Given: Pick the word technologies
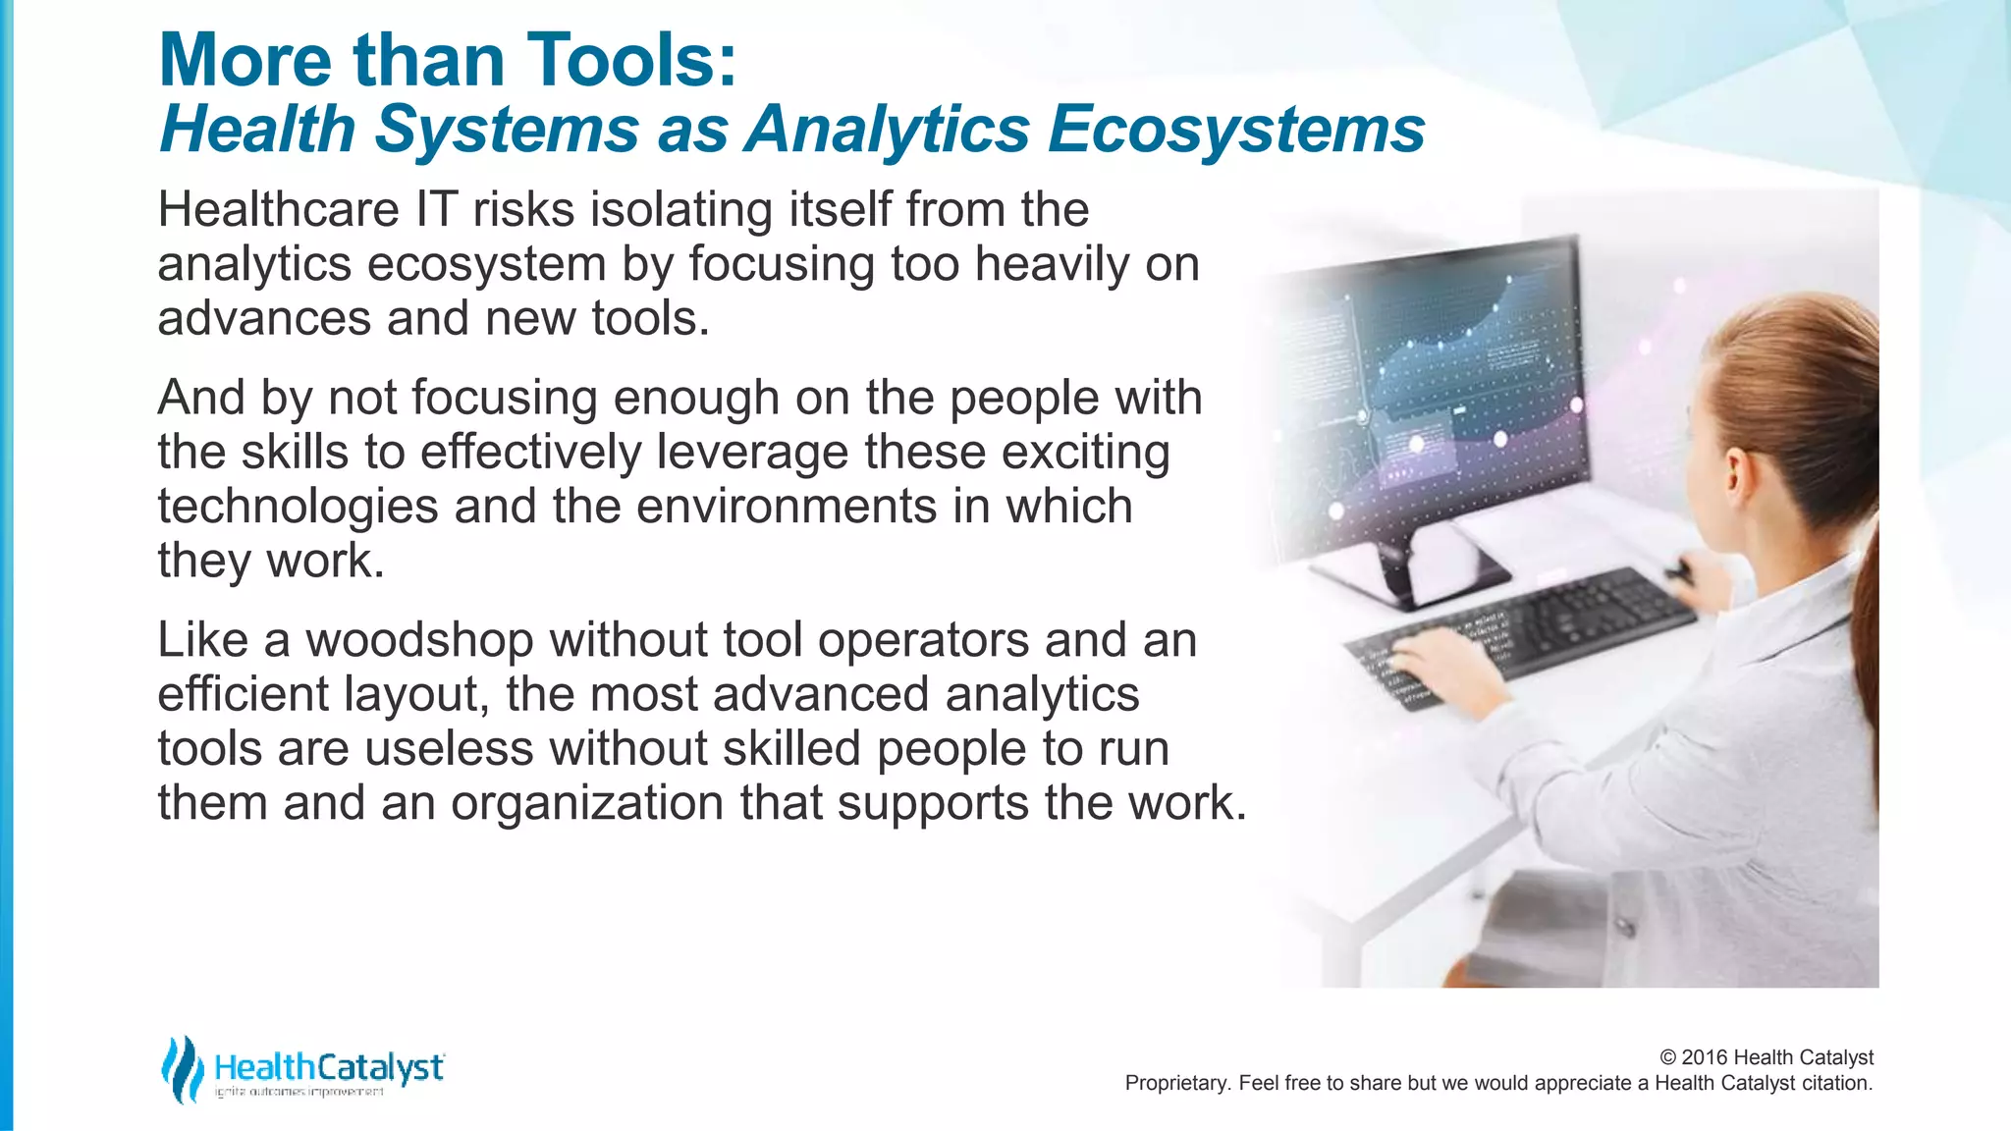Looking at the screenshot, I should (298, 508).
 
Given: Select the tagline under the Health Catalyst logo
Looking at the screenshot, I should (299, 1093).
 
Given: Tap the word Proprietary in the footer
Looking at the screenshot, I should (1173, 1084).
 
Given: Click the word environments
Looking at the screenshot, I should (787, 508).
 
